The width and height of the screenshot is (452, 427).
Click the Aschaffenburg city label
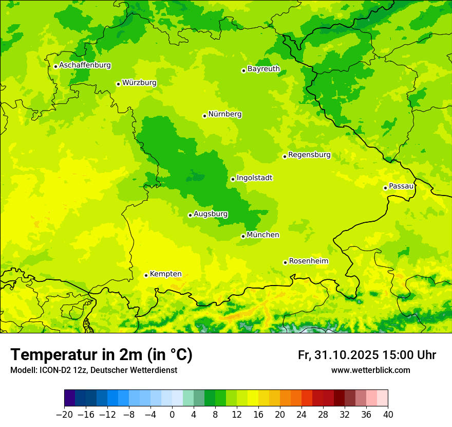tap(85, 65)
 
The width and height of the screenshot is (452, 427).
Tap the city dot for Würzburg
tap(118, 84)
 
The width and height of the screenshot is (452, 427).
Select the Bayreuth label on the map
tap(263, 69)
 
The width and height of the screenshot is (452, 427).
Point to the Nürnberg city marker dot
tap(204, 116)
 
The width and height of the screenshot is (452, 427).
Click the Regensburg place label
tap(309, 155)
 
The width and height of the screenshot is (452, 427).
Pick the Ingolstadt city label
tap(254, 178)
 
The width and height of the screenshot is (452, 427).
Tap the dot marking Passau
tap(385, 188)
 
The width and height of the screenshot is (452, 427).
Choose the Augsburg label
tap(211, 214)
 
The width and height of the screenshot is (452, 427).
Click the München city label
tap(263, 235)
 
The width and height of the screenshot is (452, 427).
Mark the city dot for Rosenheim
tap(285, 262)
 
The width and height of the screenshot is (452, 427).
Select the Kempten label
tap(165, 274)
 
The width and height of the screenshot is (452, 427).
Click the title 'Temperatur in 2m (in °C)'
tap(101, 355)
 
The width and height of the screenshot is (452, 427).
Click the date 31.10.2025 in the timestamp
tap(345, 355)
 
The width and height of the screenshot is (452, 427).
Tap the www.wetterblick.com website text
tap(370, 370)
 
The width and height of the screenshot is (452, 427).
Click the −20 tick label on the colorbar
tap(64, 415)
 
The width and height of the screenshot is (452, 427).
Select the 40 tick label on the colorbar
tap(388, 415)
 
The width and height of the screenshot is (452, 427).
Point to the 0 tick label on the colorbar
tap(172, 415)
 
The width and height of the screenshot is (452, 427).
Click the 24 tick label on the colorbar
tap(302, 415)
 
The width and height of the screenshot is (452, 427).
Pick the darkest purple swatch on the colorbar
tap(70, 398)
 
